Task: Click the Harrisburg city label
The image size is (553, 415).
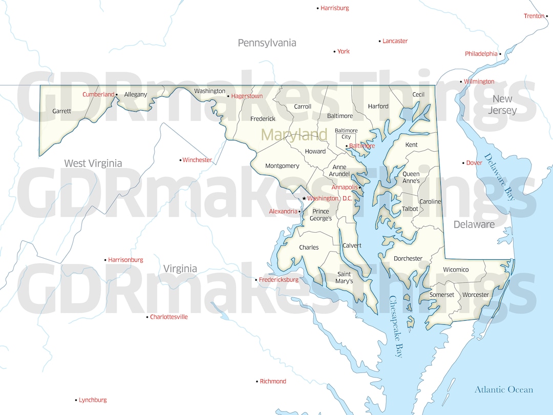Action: (x=335, y=8)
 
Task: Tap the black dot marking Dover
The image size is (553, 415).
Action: (x=463, y=163)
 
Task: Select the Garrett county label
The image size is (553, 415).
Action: (x=62, y=111)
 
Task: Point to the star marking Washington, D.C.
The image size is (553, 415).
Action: (x=304, y=198)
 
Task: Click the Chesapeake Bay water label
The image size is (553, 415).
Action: (x=396, y=326)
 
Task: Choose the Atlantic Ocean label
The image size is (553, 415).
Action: (x=503, y=389)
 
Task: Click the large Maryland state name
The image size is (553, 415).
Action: (x=294, y=135)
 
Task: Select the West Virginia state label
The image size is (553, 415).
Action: (x=93, y=163)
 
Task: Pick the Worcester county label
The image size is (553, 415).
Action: (x=476, y=295)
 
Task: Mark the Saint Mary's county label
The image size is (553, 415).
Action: (x=344, y=277)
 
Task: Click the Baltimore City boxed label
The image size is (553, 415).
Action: (x=346, y=134)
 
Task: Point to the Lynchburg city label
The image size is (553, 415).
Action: (x=93, y=400)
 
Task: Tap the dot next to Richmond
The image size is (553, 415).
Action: (x=257, y=381)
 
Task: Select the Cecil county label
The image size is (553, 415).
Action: (x=418, y=94)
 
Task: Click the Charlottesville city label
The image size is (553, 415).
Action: (x=168, y=317)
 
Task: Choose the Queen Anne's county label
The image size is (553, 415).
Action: (x=411, y=177)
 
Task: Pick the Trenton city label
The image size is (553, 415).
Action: (x=534, y=16)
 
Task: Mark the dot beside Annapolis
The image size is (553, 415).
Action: (x=360, y=188)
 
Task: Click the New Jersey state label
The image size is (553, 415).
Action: (x=502, y=105)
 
